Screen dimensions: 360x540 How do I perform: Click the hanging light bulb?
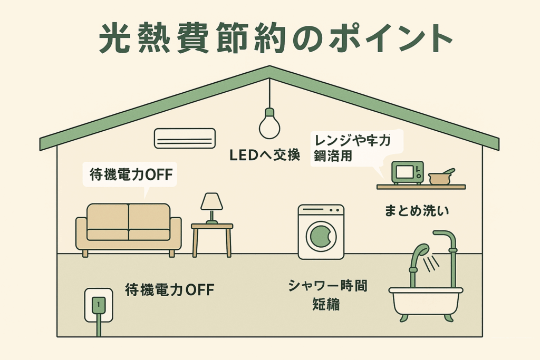point(269,125)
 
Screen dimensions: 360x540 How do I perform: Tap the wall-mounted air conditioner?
point(185,138)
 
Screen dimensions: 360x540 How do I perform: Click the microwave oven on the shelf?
point(407,172)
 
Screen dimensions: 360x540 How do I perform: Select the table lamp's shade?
point(211,201)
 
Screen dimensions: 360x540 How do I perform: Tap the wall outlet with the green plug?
point(99,305)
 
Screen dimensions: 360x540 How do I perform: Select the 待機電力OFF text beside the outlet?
point(169,289)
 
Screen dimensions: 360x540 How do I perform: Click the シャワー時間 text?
point(327,286)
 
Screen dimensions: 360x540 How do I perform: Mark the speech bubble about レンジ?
point(356,148)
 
